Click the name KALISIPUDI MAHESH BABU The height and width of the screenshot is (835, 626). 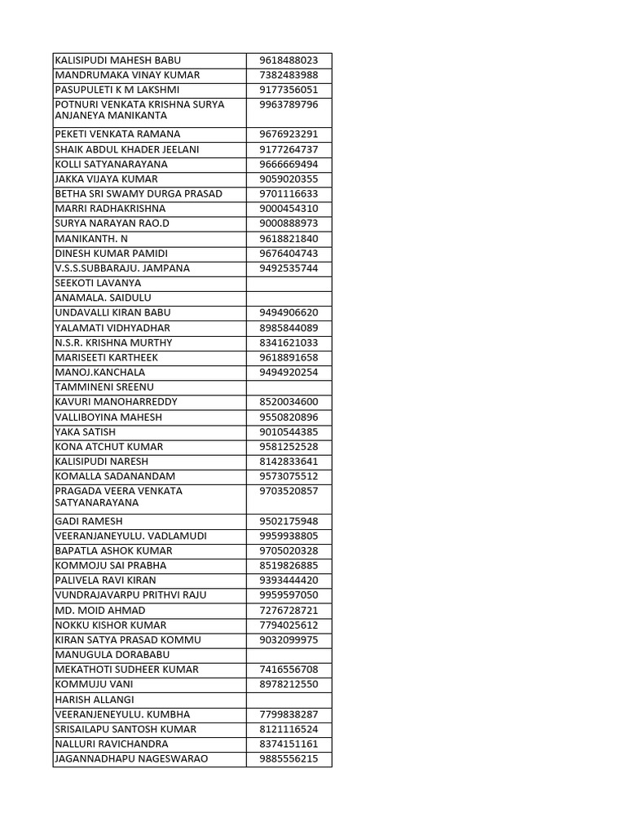(117, 60)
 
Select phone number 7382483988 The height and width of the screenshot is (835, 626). (289, 75)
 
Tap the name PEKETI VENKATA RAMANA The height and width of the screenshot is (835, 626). (117, 134)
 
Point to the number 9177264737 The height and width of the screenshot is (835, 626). (289, 149)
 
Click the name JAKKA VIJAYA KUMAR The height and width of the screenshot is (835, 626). (106, 179)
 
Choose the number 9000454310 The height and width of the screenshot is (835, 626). (289, 209)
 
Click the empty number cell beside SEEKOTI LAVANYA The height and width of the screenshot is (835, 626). (289, 283)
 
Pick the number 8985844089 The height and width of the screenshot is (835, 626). (289, 328)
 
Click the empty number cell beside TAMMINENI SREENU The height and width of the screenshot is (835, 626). (289, 387)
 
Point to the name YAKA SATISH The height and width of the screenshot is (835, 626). (85, 431)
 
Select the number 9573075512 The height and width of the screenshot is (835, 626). (289, 476)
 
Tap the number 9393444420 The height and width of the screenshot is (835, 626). (289, 581)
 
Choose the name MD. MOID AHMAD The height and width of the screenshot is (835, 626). (99, 610)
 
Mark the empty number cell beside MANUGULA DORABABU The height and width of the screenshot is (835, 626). (289, 655)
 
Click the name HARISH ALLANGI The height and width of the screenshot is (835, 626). (95, 700)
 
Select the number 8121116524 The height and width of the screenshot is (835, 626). (289, 729)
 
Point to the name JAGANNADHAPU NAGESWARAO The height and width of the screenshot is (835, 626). (130, 759)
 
